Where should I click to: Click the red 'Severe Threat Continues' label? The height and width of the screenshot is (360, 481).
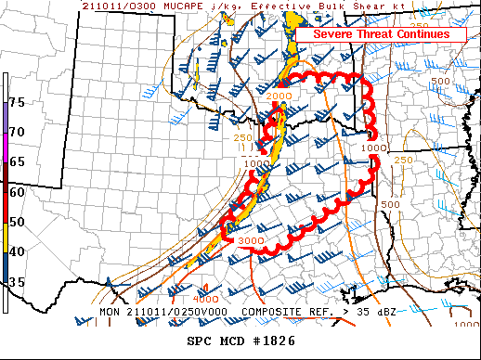click(380, 34)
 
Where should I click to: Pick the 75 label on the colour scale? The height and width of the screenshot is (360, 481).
click(18, 102)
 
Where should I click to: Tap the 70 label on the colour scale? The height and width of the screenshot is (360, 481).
click(18, 133)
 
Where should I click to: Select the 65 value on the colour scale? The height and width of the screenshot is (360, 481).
click(18, 161)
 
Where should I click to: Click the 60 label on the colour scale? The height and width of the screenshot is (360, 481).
click(18, 192)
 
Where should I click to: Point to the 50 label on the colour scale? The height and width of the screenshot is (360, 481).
click(18, 222)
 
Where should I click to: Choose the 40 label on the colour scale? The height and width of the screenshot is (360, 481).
click(18, 251)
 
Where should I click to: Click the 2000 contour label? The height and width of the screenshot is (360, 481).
click(279, 96)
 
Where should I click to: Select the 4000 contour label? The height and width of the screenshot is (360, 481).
click(206, 299)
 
